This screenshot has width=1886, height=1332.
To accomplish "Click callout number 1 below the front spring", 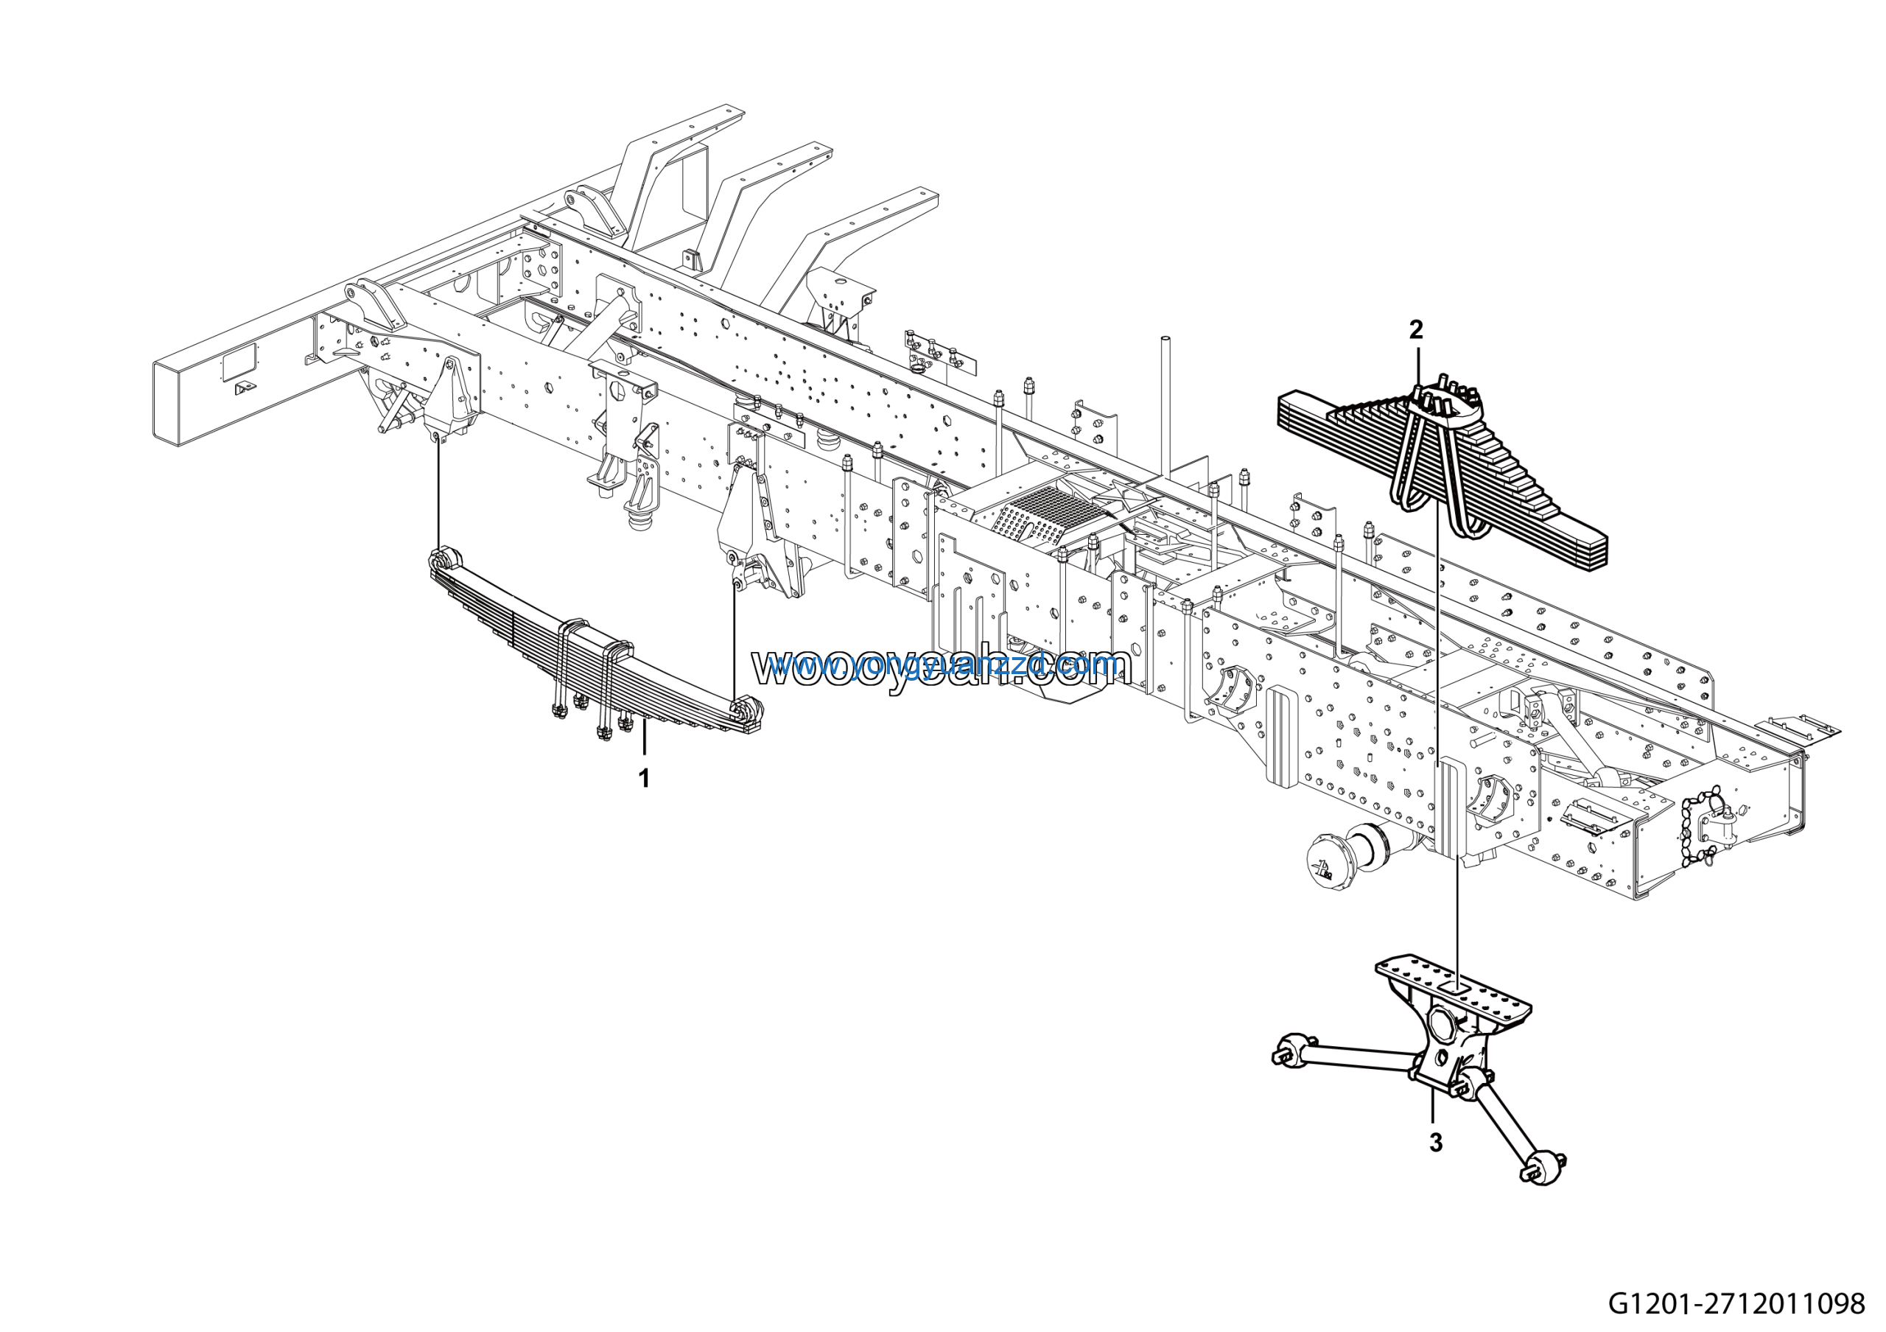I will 644,779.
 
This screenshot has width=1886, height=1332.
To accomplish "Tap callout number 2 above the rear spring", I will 1415,330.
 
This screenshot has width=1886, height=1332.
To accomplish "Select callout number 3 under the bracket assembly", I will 1435,1143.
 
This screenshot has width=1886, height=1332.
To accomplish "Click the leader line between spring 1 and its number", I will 644,739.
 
